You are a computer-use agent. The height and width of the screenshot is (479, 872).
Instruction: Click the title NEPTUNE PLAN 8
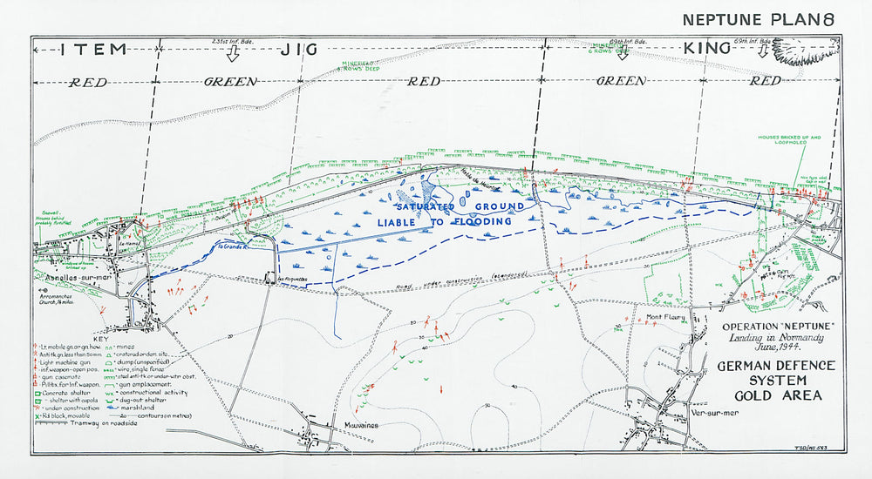(759, 19)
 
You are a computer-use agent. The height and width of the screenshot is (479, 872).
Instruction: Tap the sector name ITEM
(94, 49)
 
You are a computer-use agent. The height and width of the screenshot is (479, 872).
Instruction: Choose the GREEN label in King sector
(621, 81)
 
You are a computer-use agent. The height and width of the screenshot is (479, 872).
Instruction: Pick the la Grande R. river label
(233, 246)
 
